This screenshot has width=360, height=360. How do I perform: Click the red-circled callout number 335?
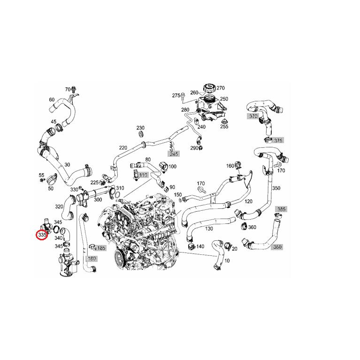(x=42, y=233)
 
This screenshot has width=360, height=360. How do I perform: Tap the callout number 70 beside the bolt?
(x=68, y=89)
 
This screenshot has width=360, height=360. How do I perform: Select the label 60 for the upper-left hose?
(x=52, y=100)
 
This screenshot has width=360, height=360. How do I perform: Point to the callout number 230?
(x=140, y=128)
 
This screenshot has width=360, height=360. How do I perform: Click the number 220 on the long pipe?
(x=123, y=147)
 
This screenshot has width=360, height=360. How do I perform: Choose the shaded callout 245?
(x=174, y=153)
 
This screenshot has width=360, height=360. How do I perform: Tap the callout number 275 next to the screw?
(x=176, y=95)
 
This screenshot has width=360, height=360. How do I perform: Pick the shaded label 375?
(x=278, y=140)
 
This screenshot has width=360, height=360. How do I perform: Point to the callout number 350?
(x=276, y=188)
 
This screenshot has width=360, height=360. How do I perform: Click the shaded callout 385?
(x=281, y=209)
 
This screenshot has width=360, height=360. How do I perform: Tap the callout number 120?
(x=248, y=201)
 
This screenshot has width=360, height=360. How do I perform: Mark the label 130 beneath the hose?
(x=209, y=229)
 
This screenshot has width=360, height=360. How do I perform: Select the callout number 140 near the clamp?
(x=200, y=246)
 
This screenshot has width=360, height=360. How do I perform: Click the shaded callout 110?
(x=143, y=175)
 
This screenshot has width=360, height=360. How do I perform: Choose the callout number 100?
(x=172, y=167)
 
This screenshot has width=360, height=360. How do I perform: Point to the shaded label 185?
(x=101, y=248)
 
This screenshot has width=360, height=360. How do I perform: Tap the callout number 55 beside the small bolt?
(x=41, y=176)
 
